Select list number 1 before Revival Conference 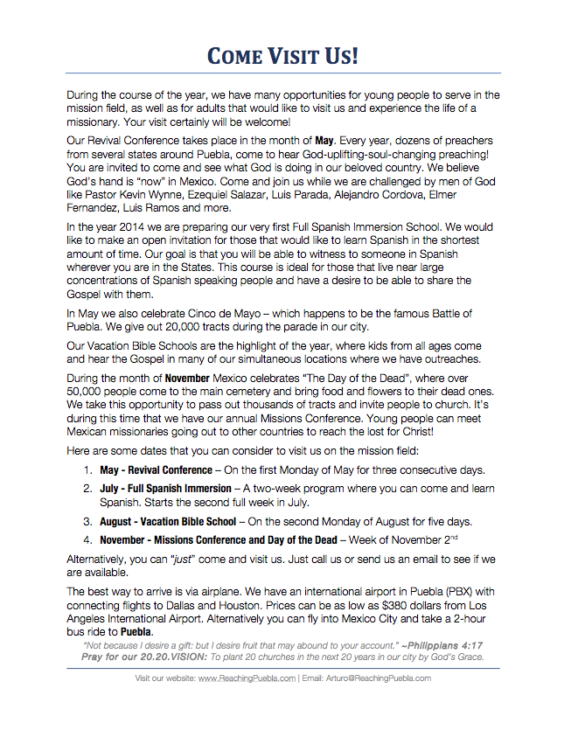[87, 470]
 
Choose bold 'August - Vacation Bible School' [168, 521]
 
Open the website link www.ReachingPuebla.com [246, 678]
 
